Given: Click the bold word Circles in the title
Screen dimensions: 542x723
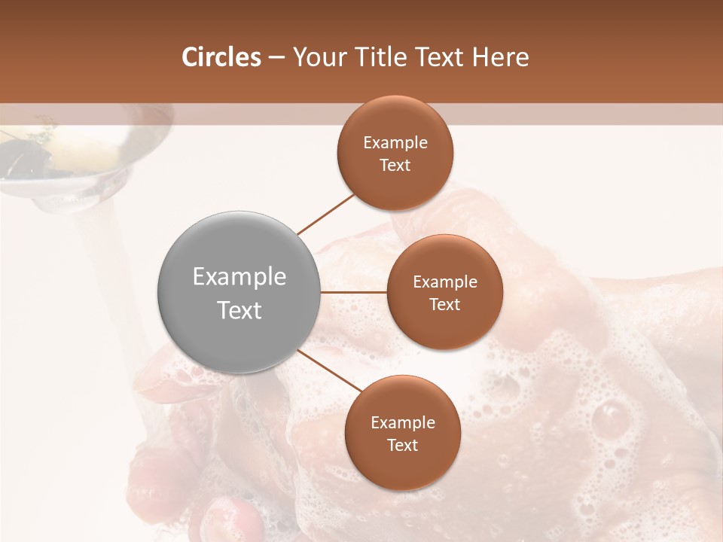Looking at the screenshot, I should [221, 57].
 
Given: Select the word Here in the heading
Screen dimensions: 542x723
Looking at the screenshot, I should [501, 57].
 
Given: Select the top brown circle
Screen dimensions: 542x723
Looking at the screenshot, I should [395, 153].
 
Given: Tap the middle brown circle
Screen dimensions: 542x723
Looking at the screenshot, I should [444, 292].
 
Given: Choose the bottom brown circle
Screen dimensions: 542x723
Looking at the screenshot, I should [402, 433].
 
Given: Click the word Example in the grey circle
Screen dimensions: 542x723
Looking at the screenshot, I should [239, 277].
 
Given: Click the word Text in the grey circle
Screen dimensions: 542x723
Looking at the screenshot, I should [239, 310].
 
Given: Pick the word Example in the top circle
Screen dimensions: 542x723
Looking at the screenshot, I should [395, 143].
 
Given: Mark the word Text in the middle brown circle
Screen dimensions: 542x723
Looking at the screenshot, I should [444, 304].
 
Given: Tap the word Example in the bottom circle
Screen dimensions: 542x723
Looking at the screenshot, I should [402, 423].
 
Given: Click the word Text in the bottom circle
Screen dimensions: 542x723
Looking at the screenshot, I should [402, 445].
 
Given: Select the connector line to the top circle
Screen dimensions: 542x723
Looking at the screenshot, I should [325, 215].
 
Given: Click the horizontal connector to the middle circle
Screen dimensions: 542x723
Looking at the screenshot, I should [354, 292].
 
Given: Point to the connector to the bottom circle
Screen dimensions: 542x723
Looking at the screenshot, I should [330, 370].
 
